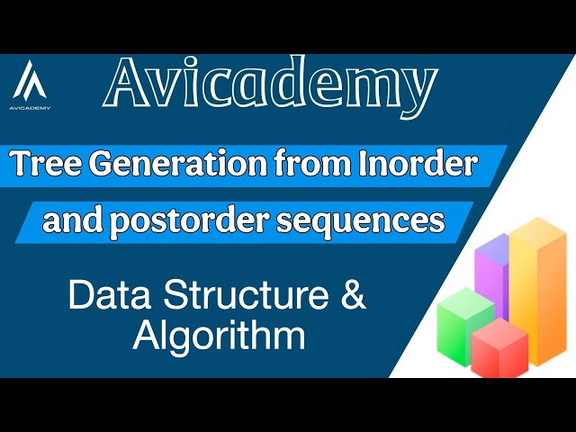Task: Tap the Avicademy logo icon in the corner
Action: (31, 81)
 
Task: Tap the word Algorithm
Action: (219, 337)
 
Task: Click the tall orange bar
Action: (538, 288)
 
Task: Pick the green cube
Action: (464, 319)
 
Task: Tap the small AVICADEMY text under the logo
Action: (31, 107)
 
